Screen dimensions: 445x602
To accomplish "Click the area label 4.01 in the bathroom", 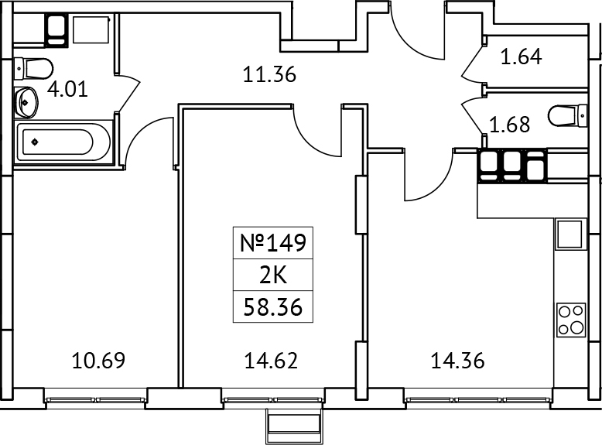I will pos(67,87).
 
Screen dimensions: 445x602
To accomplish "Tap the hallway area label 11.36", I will pos(270,75).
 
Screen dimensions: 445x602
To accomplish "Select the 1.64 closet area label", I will pos(521,56).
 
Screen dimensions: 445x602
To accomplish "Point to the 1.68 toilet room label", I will pos(508,124).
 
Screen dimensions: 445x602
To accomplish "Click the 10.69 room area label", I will pos(97,360).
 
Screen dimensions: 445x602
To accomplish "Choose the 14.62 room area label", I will pos(271,360).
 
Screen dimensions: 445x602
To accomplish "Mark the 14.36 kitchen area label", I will pos(457,360).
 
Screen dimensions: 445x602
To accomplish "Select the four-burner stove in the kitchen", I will pos(570,320).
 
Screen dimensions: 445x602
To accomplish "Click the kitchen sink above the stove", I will pos(569,233).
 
